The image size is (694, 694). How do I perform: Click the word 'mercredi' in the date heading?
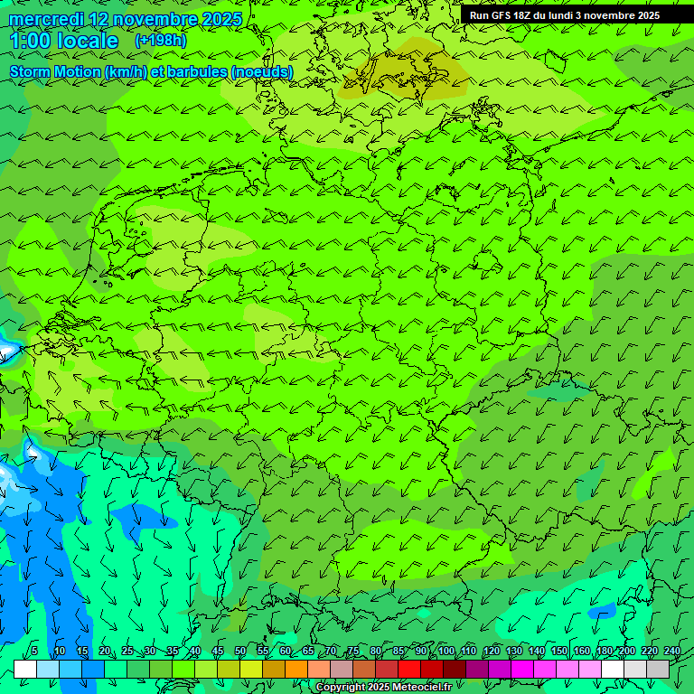45,19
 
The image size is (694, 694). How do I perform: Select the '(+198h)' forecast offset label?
161,41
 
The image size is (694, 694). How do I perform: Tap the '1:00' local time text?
30,41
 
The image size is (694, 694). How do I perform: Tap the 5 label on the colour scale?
34,651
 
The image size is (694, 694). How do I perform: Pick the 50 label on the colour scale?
239,651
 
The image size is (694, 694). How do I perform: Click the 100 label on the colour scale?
445,651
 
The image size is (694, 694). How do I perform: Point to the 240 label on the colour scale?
671,651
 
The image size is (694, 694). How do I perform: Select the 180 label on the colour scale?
604,651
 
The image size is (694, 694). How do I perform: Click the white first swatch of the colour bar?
25,669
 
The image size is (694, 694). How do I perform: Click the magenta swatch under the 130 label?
522,669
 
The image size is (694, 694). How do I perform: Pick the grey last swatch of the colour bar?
658,669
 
